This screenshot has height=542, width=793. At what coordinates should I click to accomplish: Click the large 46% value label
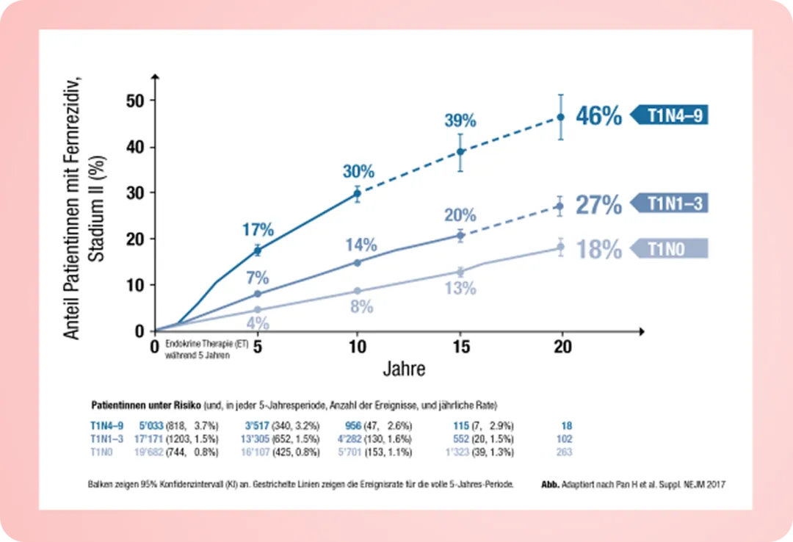pos(599,116)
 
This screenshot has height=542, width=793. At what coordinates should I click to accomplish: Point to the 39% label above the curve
pos(460,120)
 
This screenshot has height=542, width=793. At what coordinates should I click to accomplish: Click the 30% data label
pos(358,172)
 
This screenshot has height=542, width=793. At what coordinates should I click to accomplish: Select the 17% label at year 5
pos(258,229)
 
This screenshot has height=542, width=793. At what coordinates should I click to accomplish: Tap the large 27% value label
pos(599,205)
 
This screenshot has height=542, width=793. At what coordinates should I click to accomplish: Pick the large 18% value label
pos(599,250)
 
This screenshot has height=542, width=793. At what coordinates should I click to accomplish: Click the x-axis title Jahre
pos(404,369)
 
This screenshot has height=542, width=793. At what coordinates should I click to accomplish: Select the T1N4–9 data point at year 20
pos(561,117)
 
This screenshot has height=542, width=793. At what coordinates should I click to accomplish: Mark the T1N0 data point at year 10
pos(358,291)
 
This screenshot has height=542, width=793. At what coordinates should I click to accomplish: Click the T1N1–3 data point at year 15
pos(460,235)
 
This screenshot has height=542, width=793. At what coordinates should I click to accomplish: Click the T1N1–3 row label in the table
pos(104,439)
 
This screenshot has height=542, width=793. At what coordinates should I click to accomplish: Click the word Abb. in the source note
pos(551,485)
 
